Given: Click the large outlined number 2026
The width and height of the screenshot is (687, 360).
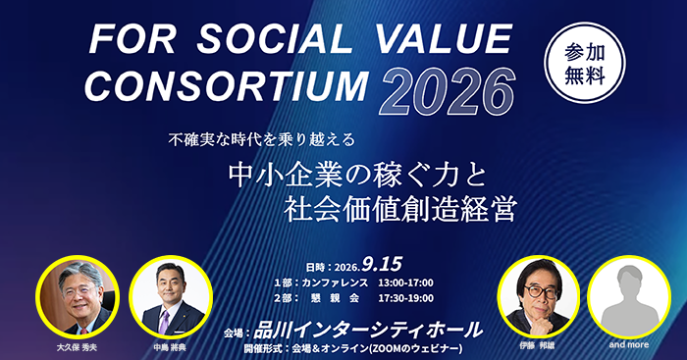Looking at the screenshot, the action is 447,92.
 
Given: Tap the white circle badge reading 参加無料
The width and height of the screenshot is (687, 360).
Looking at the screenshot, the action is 585,63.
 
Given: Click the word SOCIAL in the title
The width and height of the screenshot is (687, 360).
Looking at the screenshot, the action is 274,40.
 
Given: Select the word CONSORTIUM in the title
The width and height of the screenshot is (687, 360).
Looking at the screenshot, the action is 226,86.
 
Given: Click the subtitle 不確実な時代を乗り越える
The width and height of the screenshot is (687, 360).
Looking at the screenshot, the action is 261,140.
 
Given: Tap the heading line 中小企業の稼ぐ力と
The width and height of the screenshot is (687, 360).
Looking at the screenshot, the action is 358,176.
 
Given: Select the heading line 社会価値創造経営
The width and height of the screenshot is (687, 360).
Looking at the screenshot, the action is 400,209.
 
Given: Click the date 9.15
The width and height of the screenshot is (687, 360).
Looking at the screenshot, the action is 382,264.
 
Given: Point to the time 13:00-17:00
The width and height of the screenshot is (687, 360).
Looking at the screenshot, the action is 405,283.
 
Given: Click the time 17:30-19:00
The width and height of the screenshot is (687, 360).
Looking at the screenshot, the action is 405,298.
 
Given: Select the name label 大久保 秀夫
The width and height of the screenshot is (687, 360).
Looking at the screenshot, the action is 77,347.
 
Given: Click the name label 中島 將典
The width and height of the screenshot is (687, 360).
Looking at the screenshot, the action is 170,347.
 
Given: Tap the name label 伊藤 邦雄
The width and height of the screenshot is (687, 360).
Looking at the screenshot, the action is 537,345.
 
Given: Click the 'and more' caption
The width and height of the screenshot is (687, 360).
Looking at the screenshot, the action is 629,344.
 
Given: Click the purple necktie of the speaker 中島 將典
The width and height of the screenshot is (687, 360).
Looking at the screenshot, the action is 164,322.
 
